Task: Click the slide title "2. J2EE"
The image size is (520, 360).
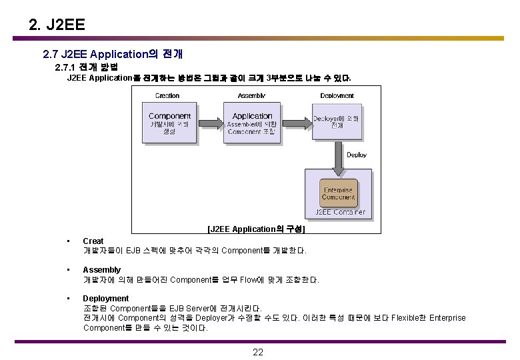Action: point(57,25)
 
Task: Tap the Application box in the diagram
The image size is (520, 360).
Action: point(253,123)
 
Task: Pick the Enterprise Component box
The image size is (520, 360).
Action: point(338,193)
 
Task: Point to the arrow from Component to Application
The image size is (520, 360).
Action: point(212,123)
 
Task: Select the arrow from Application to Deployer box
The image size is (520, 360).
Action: point(295,123)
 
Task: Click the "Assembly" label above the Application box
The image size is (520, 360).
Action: point(251,96)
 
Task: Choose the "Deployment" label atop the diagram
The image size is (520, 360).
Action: point(337,96)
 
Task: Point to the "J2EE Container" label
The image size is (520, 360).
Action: point(340,213)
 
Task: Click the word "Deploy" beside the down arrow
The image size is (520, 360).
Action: point(357,155)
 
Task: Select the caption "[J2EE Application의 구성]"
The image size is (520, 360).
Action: point(256,229)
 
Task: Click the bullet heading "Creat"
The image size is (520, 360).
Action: point(93,241)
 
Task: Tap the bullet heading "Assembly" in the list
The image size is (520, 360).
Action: point(101,270)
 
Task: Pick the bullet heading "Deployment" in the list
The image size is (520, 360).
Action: point(105,299)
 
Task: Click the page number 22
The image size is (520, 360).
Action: point(258,352)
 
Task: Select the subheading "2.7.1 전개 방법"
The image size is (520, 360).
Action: point(86,67)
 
